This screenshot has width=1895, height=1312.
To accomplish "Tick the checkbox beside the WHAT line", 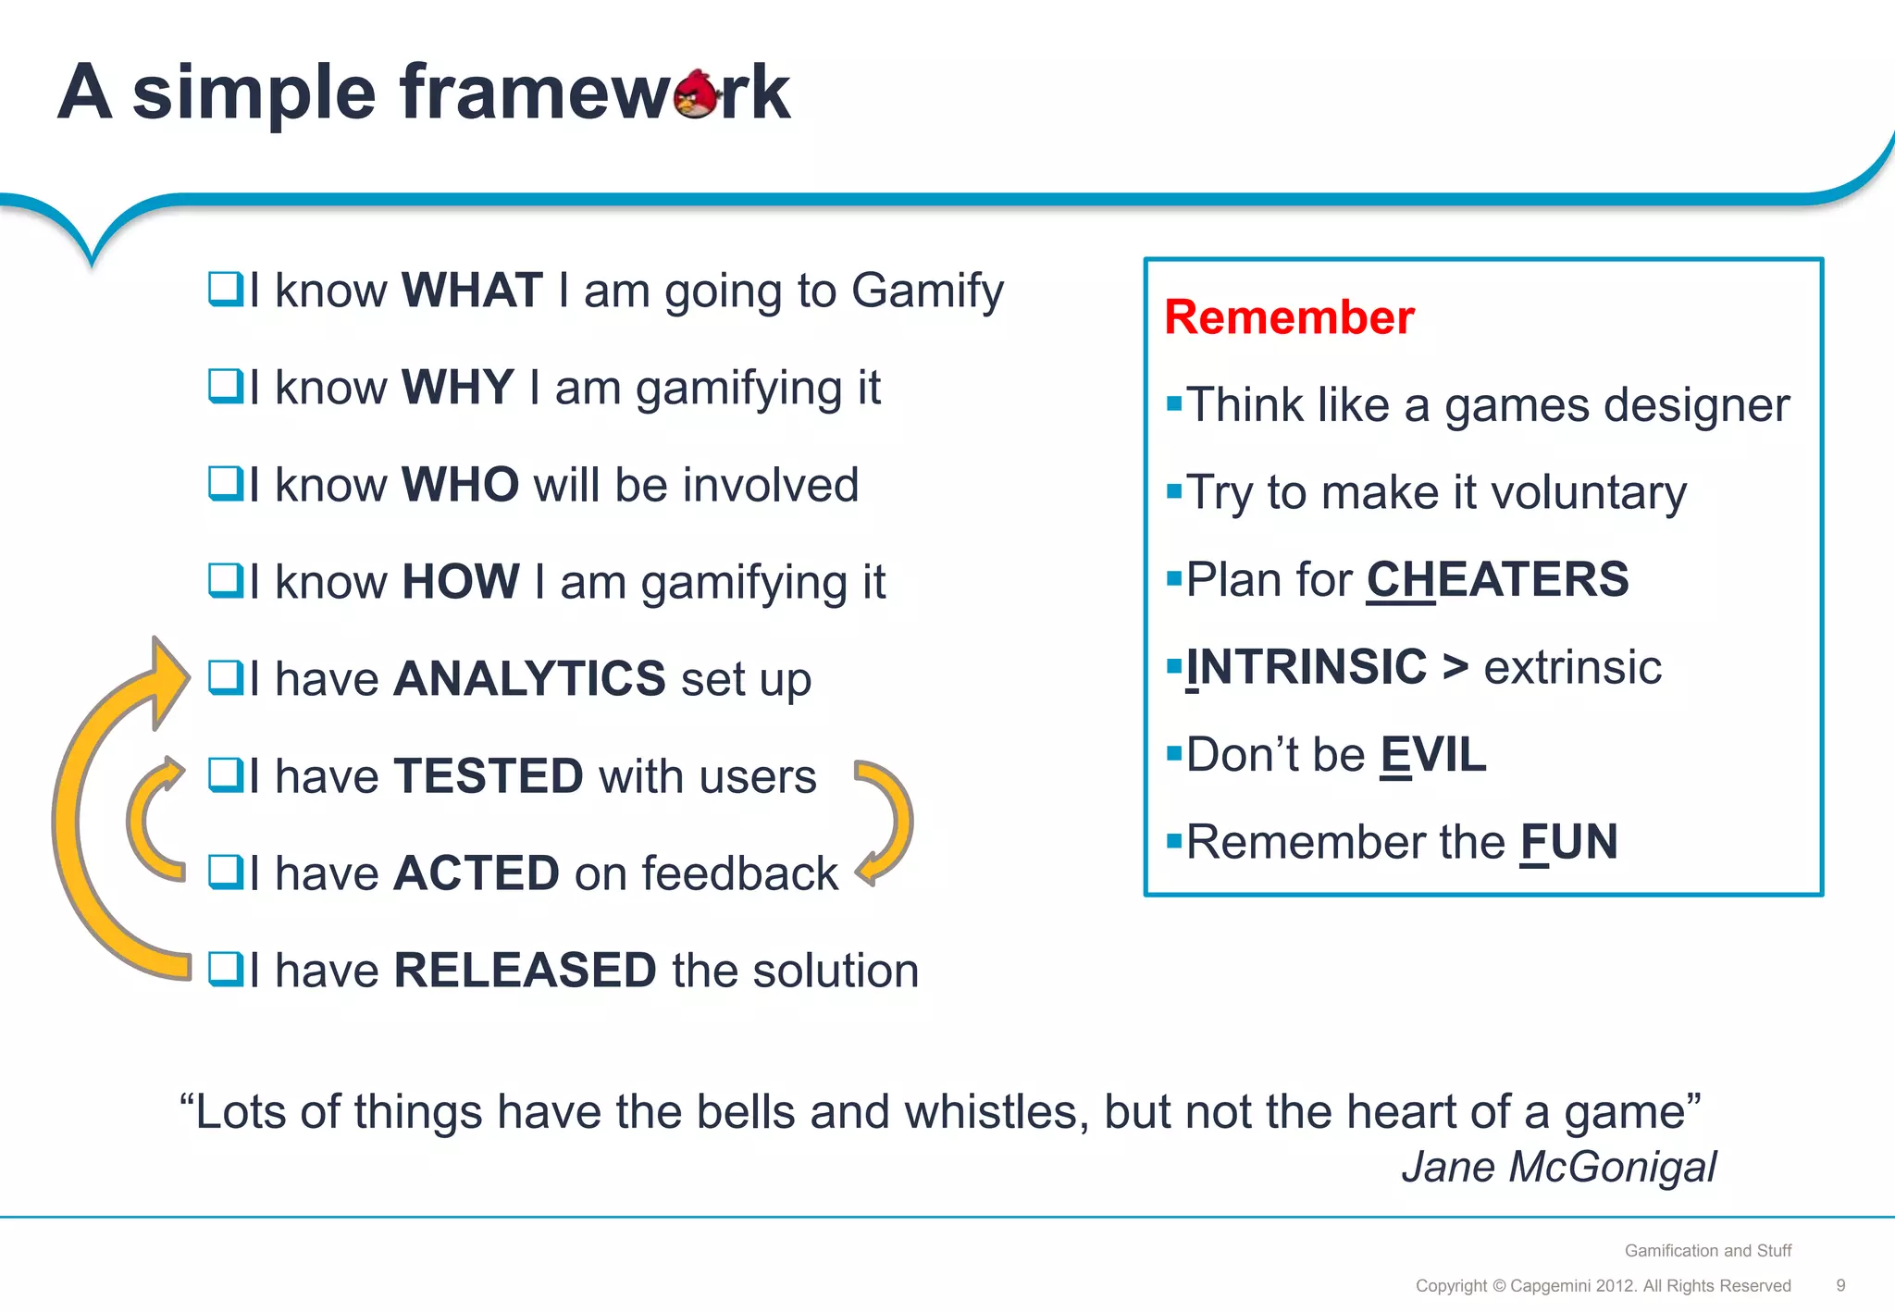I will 225,290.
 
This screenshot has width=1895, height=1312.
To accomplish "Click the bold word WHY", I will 457,387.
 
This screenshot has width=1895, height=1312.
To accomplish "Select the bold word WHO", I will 460,485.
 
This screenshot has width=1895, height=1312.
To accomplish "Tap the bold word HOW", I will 460,582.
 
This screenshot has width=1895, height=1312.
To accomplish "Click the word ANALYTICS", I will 529,679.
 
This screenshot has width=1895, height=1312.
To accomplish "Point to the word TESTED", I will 489,776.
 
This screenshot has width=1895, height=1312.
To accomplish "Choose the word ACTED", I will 477,873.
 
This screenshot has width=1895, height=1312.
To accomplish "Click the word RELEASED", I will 525,971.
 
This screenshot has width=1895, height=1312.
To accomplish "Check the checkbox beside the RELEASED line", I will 225,970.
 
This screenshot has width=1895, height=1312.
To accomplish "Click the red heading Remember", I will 1289,317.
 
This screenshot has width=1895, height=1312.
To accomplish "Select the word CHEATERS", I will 1497,580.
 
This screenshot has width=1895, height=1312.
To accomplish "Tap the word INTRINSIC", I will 1307,667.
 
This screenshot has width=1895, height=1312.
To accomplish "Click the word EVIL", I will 1432,755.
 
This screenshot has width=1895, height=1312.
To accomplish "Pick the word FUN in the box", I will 1568,843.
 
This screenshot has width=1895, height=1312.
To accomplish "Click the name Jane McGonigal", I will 1558,1167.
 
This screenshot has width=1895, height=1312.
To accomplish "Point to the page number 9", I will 1840,1285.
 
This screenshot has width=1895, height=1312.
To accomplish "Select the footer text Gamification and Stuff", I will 1707,1251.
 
